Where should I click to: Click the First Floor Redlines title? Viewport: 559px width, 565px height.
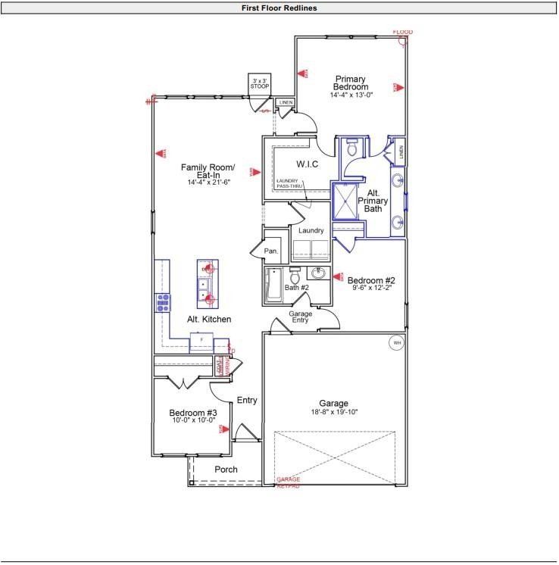pyautogui.click(x=279, y=8)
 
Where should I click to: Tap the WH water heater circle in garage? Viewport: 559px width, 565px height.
pyautogui.click(x=396, y=343)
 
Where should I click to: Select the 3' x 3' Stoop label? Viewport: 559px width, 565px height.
pyautogui.click(x=260, y=83)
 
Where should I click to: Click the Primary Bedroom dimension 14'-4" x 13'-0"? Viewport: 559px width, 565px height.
pyautogui.click(x=350, y=95)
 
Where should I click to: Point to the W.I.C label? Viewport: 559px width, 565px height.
pyautogui.click(x=307, y=164)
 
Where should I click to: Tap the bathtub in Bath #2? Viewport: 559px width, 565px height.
pyautogui.click(x=273, y=286)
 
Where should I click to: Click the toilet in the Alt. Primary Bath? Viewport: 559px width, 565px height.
pyautogui.click(x=349, y=148)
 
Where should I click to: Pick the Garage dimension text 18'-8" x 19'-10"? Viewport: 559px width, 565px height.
pyautogui.click(x=333, y=413)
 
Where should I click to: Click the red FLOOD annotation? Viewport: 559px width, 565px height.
pyautogui.click(x=403, y=32)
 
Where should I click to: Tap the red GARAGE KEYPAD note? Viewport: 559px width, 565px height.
pyautogui.click(x=288, y=482)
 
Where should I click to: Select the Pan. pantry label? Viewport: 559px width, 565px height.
pyautogui.click(x=271, y=251)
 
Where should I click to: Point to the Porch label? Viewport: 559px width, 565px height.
pyautogui.click(x=226, y=470)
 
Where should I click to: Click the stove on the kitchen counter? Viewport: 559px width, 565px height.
pyautogui.click(x=162, y=303)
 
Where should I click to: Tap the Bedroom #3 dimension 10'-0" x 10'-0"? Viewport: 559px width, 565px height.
pyautogui.click(x=192, y=420)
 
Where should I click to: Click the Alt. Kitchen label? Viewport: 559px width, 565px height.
pyautogui.click(x=209, y=320)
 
